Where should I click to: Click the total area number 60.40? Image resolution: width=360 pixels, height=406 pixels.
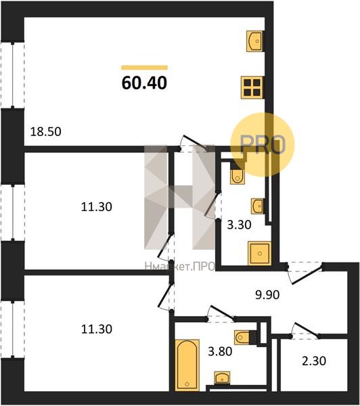(144, 83)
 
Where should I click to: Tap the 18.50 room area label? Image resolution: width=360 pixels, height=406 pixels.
(46, 131)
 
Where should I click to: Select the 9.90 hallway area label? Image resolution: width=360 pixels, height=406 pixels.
(267, 294)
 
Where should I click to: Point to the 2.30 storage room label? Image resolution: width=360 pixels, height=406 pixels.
(314, 361)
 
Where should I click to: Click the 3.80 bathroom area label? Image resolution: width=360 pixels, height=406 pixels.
(220, 351)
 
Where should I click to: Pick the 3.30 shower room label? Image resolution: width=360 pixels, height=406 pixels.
(239, 225)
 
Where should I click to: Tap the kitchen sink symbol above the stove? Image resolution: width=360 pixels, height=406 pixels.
(255, 41)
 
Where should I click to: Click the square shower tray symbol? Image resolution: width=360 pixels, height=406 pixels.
(259, 253)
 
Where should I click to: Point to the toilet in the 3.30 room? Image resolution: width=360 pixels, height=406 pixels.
(237, 176)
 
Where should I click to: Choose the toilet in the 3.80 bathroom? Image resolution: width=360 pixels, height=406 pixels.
(242, 337)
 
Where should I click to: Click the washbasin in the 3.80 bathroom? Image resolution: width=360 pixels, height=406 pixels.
(222, 378)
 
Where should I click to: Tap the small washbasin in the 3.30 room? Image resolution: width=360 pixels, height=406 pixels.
(257, 206)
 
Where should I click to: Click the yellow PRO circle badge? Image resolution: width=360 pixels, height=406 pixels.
(263, 144)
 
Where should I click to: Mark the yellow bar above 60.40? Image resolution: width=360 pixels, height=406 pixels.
(145, 68)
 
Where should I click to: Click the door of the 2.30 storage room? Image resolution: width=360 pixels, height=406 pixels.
(306, 331)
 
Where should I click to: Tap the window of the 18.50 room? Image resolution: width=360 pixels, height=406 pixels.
(13, 74)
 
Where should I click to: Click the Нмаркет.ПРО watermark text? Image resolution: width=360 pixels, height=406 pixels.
(180, 267)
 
